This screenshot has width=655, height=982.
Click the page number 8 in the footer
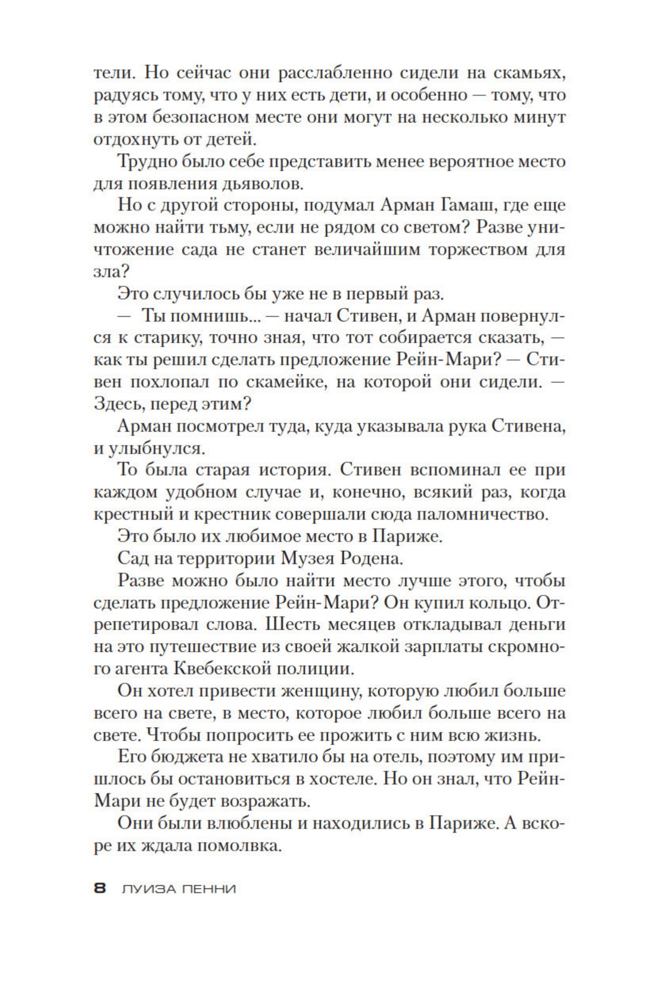(x=99, y=889)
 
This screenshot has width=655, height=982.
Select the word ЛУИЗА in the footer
(x=145, y=889)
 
